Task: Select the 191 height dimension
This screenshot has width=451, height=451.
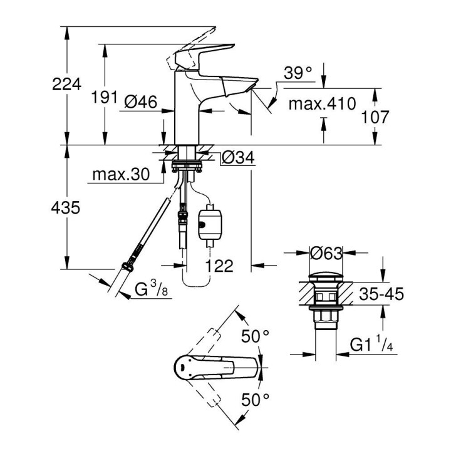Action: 105,97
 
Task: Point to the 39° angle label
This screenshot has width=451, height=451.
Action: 298,73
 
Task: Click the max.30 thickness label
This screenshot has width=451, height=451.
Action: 121,175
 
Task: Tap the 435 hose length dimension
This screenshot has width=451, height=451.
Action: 66,208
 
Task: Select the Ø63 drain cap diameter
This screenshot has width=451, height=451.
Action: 326,254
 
